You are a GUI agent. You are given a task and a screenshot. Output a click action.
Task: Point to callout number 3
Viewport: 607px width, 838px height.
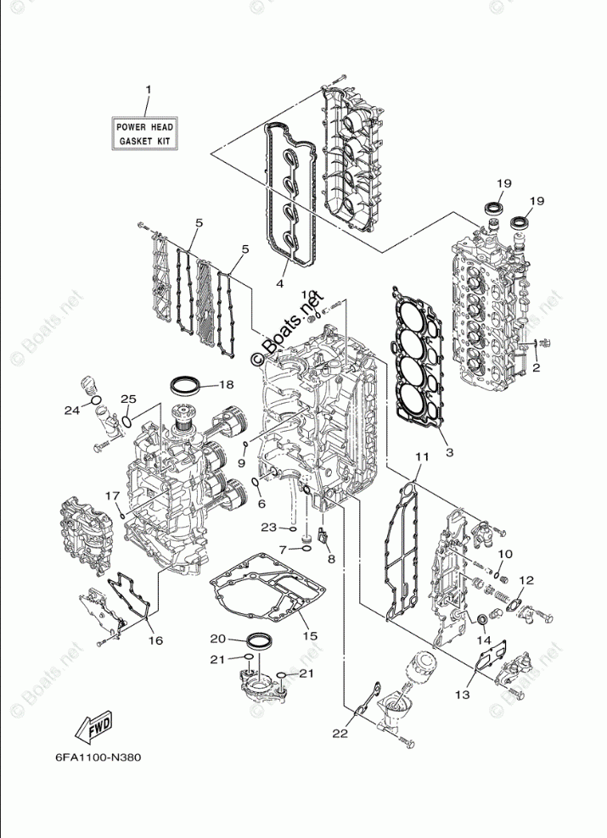pos(449,452)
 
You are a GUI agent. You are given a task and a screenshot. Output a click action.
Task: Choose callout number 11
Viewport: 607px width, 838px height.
pos(419,458)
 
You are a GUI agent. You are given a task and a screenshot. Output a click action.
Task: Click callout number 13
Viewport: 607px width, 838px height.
pos(461,695)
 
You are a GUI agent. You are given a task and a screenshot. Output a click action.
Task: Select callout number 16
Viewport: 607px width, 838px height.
pos(155,640)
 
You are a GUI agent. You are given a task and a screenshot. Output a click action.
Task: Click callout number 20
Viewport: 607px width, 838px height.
pos(217,638)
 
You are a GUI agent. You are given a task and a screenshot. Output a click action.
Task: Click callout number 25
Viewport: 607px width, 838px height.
pos(128,399)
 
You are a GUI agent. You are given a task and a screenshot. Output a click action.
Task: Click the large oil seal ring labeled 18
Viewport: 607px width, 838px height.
pos(187,386)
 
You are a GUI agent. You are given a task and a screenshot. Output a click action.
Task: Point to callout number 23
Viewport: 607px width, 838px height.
pos(268,527)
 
